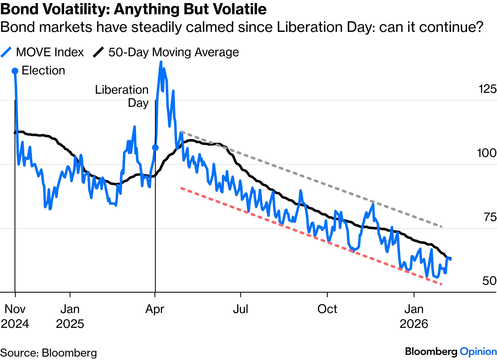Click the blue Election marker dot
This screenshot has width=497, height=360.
click(x=15, y=71)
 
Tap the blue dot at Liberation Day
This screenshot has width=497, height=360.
click(x=155, y=147)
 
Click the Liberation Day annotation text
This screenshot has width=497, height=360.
click(x=122, y=96)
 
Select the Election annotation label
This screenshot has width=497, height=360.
click(x=43, y=70)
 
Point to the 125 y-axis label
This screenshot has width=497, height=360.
click(x=487, y=89)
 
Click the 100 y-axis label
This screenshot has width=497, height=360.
click(x=486, y=153)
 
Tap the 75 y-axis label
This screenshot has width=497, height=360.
click(x=490, y=217)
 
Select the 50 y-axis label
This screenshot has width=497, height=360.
click(x=489, y=281)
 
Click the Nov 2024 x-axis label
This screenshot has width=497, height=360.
click(x=15, y=316)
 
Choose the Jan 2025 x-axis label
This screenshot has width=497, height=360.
click(x=70, y=316)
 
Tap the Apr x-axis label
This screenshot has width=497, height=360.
click(x=155, y=309)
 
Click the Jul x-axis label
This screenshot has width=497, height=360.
click(x=240, y=309)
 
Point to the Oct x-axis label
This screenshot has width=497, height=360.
click(x=327, y=309)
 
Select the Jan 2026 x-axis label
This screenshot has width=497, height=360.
click(x=414, y=316)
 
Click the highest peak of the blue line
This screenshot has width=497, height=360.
click(x=161, y=62)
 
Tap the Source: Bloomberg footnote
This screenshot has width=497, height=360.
click(x=48, y=353)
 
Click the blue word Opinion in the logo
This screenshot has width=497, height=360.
click(x=478, y=352)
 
